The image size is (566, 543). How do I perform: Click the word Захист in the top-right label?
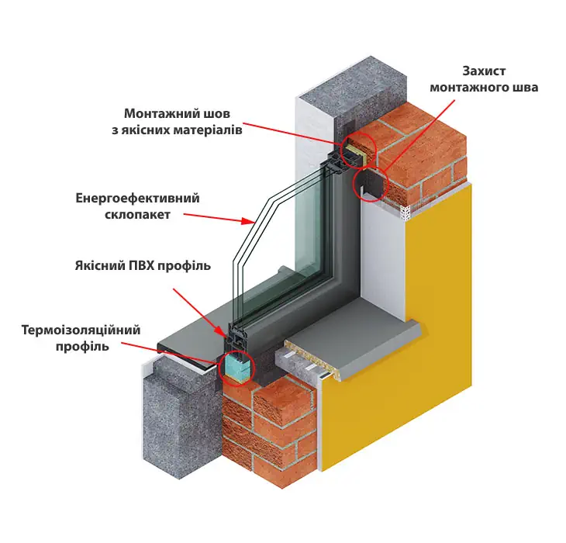(x=484, y=71)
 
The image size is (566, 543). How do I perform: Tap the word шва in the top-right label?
(x=526, y=88)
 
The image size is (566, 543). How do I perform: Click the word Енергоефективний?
(x=137, y=199)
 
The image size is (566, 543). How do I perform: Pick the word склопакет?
(x=137, y=214)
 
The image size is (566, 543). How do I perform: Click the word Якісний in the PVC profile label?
(x=100, y=266)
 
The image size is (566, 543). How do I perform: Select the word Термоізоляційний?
(x=81, y=330)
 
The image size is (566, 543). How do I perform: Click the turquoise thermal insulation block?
(x=236, y=365)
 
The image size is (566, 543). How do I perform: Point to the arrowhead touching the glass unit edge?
(x=248, y=220)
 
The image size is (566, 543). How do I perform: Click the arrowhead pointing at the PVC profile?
(x=220, y=330)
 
